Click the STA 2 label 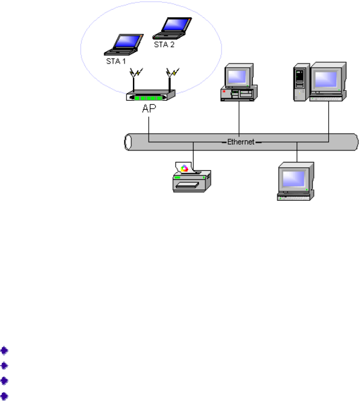pyautogui.click(x=164, y=44)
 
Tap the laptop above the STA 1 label pyautogui.click(x=123, y=44)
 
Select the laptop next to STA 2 pyautogui.click(x=173, y=26)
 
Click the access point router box pyautogui.click(x=150, y=97)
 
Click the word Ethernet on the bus pyautogui.click(x=240, y=141)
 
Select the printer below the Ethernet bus pyautogui.click(x=192, y=177)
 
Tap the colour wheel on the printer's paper pyautogui.click(x=184, y=168)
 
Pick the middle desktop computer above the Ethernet pyautogui.click(x=239, y=83)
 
